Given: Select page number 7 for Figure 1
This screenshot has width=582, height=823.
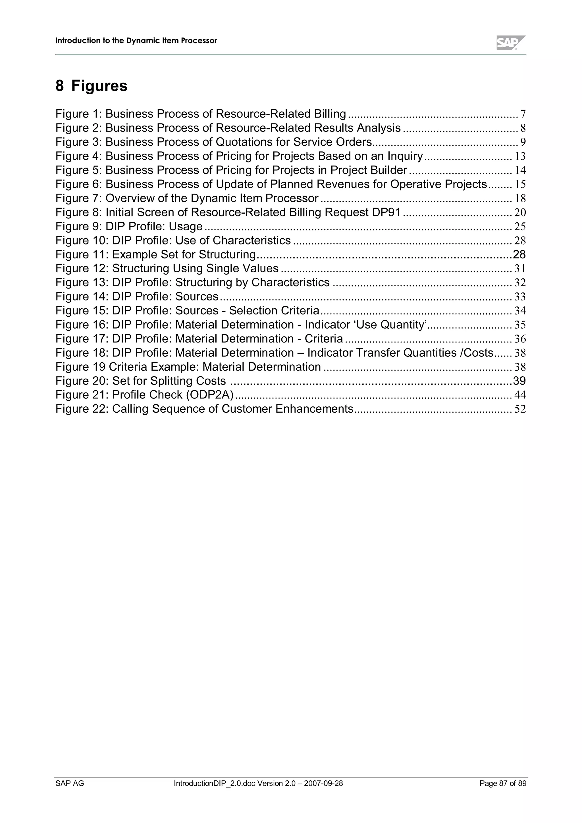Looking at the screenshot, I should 523,114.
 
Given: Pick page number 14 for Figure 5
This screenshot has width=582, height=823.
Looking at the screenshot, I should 520,170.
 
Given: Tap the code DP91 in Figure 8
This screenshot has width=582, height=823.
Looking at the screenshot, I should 386,212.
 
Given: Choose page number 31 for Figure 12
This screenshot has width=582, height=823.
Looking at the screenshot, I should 520,268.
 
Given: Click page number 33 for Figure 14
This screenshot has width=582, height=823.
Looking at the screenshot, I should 520,296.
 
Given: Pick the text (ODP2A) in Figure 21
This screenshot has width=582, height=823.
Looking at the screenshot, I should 209,395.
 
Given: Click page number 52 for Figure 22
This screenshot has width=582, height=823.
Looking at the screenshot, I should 520,409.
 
